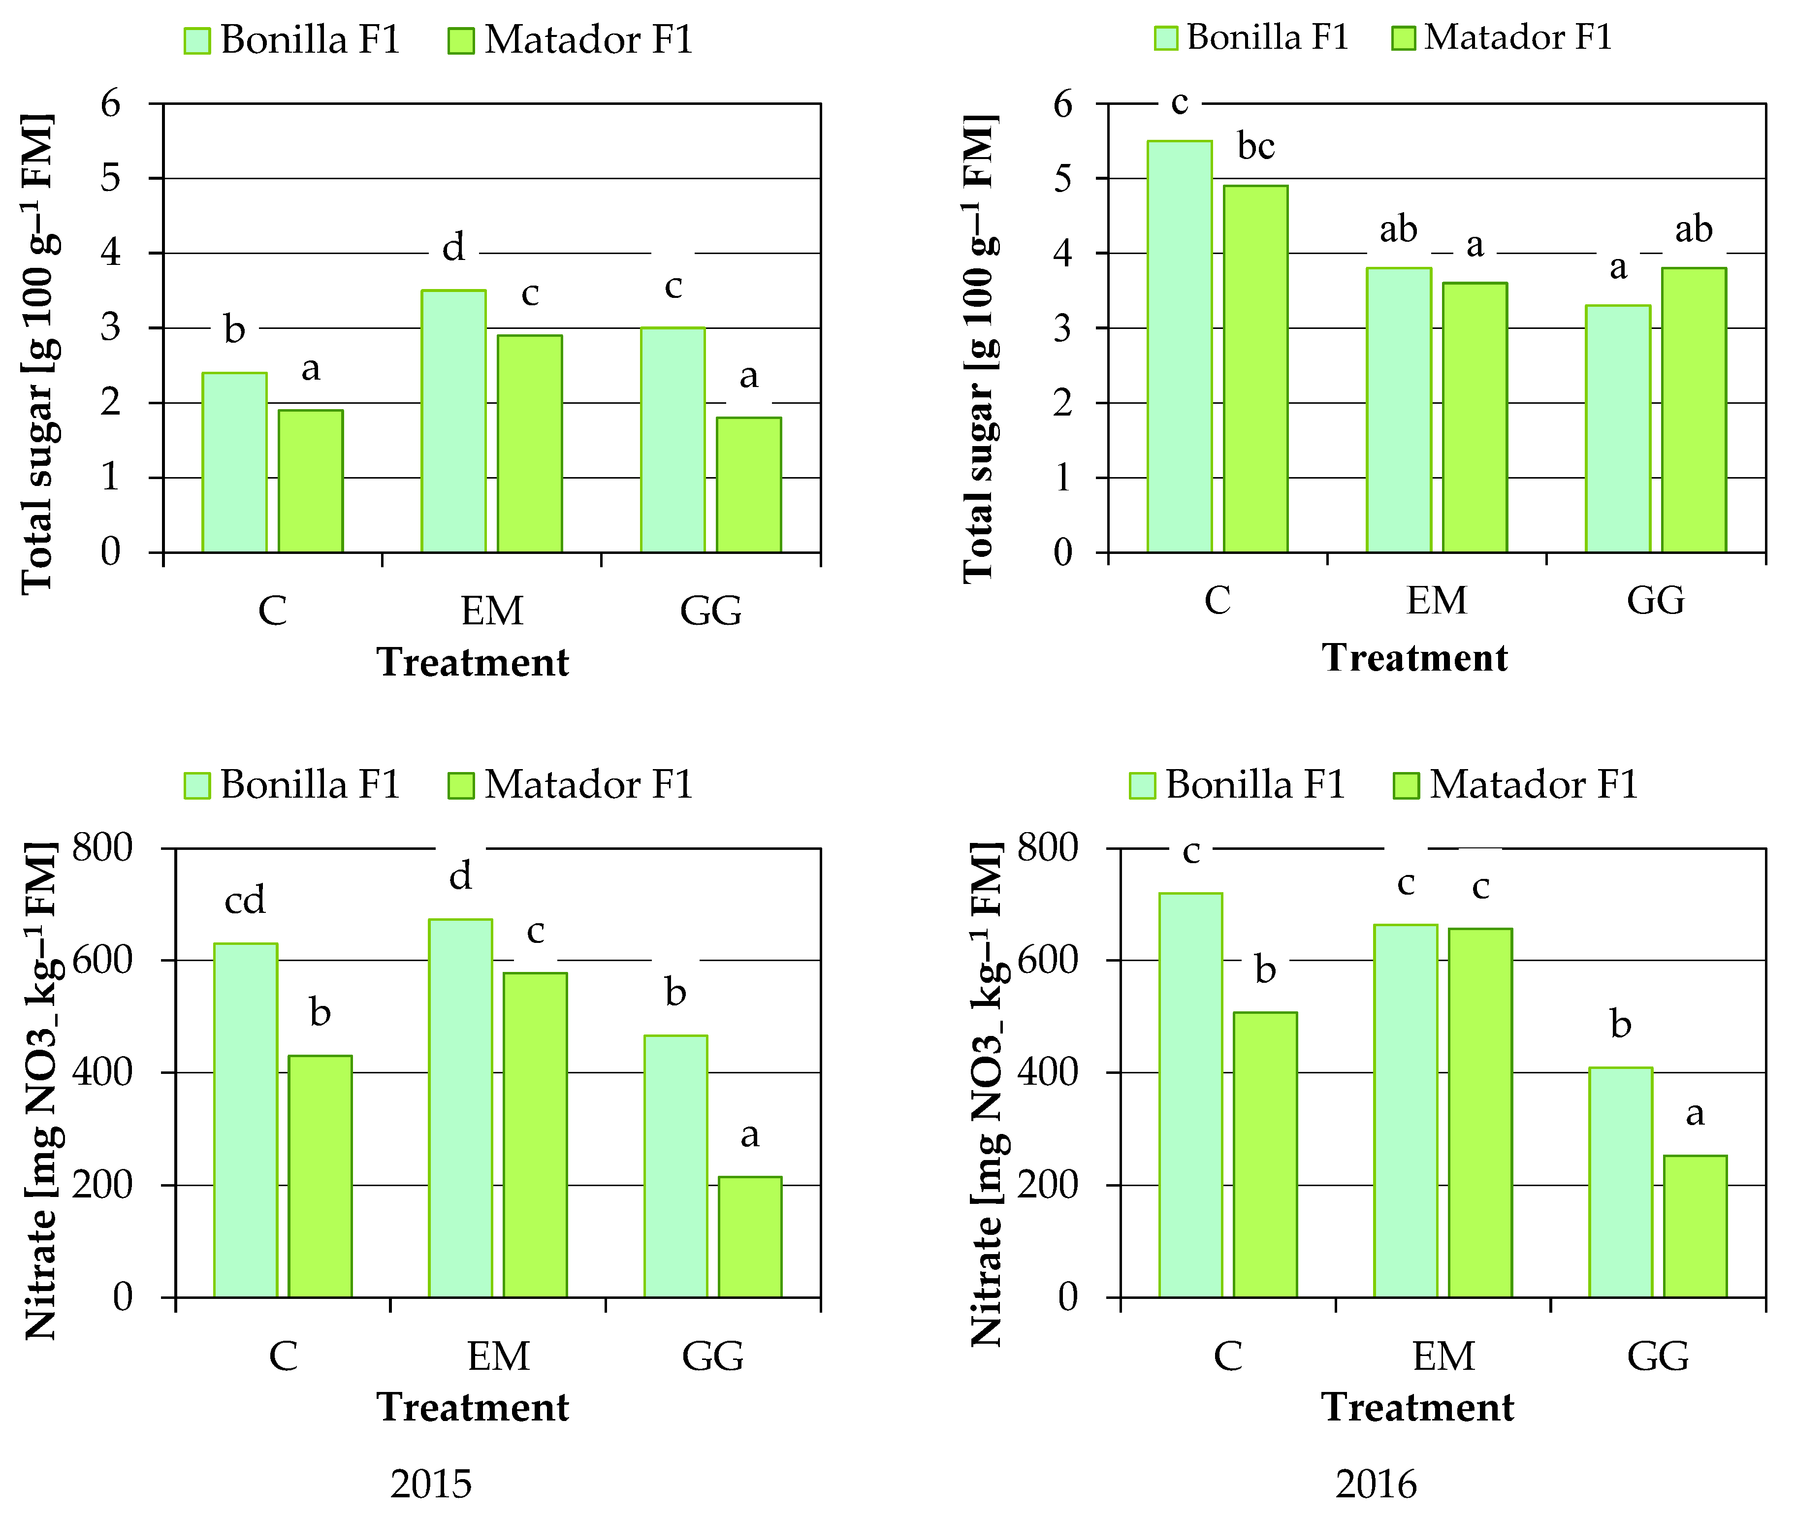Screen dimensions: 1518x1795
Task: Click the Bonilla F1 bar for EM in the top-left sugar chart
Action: (x=453, y=421)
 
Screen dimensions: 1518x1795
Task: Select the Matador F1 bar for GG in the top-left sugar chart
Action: (x=749, y=484)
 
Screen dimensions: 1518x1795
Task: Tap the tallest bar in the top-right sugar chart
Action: (x=1179, y=347)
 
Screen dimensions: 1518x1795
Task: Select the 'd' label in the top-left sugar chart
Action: (x=453, y=248)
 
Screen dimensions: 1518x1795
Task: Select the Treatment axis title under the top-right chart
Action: (x=1414, y=657)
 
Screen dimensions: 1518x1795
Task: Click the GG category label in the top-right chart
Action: (x=1655, y=600)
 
